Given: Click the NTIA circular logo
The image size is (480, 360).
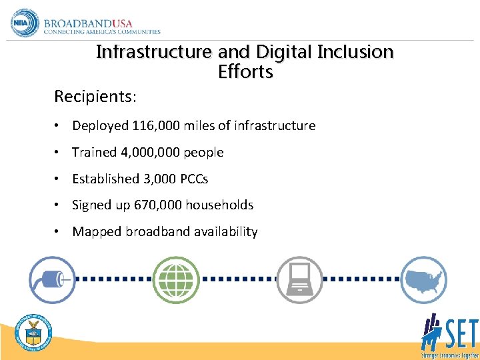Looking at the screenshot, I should tap(25, 23).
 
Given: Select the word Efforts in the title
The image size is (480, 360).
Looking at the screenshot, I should tap(245, 72).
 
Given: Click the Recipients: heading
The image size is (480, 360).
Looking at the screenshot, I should tap(95, 97).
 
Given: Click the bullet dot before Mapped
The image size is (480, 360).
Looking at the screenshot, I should tap(59, 232).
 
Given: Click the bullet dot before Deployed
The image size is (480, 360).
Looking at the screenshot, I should tap(59, 125).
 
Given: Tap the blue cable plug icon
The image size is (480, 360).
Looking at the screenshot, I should tap(52, 279).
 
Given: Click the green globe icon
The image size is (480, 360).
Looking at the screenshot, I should tap(176, 279).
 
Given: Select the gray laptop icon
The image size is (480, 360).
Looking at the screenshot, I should tap(299, 279).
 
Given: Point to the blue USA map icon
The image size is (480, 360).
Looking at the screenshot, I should tap(423, 279).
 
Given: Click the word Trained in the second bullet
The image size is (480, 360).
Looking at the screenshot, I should tap(94, 152).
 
